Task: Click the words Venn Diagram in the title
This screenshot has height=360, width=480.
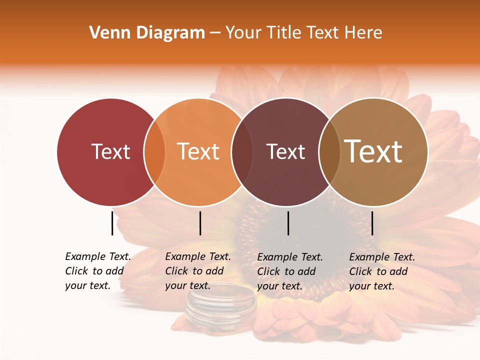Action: coord(147,33)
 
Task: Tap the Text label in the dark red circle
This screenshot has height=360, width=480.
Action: coord(110,151)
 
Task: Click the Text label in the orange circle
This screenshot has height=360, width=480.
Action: coord(198,151)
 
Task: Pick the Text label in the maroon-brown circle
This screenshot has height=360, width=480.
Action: coord(285,151)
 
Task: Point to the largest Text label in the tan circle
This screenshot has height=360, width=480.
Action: coord(373,151)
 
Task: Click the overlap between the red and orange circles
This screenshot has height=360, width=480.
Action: coord(154,151)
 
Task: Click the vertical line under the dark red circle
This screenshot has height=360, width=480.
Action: coord(112,223)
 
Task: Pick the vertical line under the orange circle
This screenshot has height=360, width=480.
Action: coord(200,223)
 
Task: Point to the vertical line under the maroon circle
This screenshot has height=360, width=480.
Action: coord(288,223)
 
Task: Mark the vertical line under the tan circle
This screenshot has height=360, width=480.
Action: coord(372,223)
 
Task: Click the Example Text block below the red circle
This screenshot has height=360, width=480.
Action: coord(98,271)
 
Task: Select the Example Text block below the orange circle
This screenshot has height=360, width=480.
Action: coord(198,271)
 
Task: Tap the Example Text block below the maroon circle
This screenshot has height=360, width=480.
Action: coord(290,271)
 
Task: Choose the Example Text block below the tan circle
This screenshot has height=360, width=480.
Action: coord(382,271)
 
